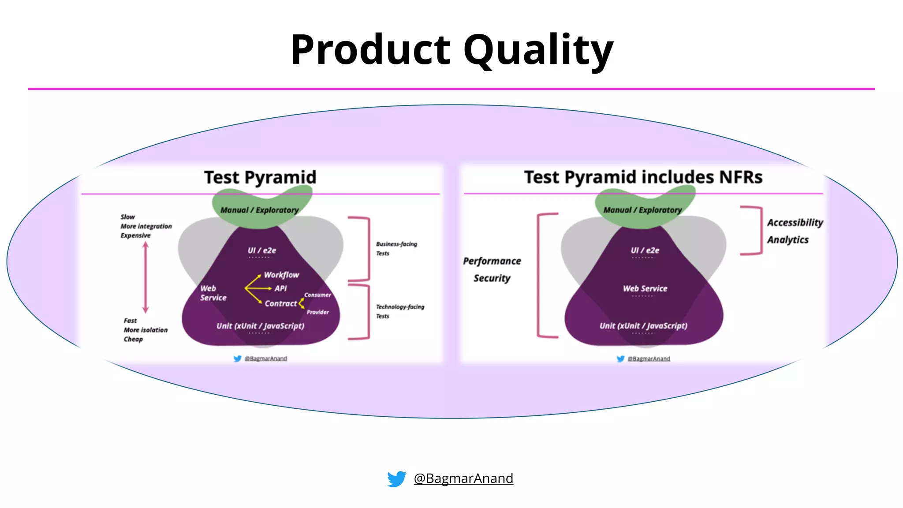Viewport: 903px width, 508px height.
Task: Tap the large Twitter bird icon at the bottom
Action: [x=396, y=478]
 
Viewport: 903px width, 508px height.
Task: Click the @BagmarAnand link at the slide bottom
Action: [x=463, y=478]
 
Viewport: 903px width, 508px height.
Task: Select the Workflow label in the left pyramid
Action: [x=281, y=275]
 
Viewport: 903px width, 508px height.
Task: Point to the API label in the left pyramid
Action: [x=281, y=288]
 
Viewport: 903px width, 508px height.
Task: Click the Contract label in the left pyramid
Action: [x=281, y=304]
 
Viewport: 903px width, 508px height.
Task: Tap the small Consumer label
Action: [x=317, y=295]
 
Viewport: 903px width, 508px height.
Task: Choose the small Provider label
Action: [x=318, y=312]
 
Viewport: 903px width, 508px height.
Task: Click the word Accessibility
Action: [x=795, y=223]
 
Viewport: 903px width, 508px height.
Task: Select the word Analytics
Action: [x=788, y=240]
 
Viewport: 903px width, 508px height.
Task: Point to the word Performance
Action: [x=492, y=261]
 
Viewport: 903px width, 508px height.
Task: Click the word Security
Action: [x=492, y=278]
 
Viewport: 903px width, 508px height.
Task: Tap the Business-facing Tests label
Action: [x=396, y=248]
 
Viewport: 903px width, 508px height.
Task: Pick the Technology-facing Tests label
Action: [x=399, y=311]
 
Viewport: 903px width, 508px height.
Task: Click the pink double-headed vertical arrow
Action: [x=146, y=277]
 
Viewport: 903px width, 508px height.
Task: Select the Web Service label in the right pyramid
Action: [x=645, y=288]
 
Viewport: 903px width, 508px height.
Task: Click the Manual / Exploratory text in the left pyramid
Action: [x=259, y=210]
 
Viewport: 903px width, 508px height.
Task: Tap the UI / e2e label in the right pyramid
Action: [x=645, y=250]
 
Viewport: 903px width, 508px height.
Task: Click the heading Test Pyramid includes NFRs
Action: [x=643, y=177]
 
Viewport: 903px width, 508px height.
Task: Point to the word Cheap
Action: [x=133, y=339]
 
